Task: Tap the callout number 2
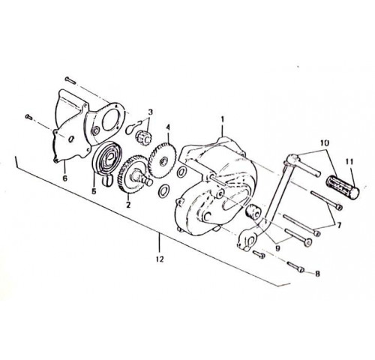click(x=128, y=205)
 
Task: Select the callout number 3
click(x=150, y=112)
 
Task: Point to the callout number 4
click(x=168, y=127)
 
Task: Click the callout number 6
click(x=65, y=178)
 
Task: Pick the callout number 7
click(x=339, y=226)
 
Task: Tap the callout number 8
click(x=317, y=274)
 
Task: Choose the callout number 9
click(x=277, y=248)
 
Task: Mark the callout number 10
click(x=324, y=142)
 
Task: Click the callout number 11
click(x=349, y=162)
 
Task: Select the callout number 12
click(x=160, y=259)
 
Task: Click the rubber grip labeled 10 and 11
click(x=343, y=186)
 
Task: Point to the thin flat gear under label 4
click(x=163, y=160)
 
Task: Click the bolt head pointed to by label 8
click(x=301, y=270)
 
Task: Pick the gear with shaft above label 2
click(x=133, y=175)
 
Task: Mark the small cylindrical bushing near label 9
click(x=253, y=211)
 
